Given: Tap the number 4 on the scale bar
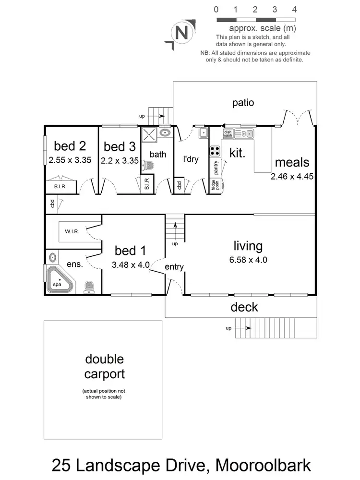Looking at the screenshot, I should [294, 9].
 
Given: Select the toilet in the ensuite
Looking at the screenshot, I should [89, 287].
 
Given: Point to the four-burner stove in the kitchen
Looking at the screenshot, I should [215, 151].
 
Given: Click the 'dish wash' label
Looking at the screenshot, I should [228, 133].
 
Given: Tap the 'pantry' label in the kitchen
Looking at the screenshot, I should [216, 168].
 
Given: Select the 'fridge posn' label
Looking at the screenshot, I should [216, 185].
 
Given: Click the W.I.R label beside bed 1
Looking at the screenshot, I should [72, 231].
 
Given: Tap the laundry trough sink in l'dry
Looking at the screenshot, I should [203, 133].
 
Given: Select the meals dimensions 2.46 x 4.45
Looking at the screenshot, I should [292, 176].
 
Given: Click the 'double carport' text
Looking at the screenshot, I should [104, 367].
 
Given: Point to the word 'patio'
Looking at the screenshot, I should [243, 102].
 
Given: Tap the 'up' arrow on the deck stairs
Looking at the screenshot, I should [242, 328].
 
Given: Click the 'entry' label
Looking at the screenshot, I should [174, 267].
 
